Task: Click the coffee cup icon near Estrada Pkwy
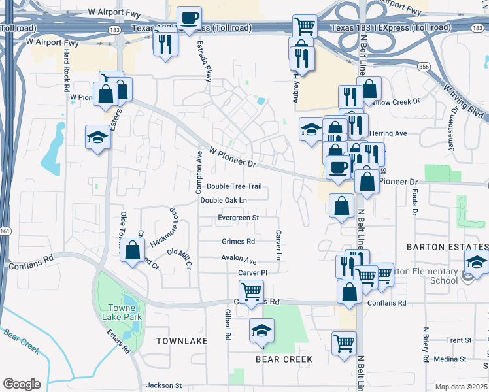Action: click(190, 19)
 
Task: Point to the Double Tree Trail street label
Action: click(233, 187)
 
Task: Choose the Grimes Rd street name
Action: click(238, 241)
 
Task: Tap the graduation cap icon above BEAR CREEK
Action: click(261, 329)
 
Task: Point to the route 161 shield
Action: click(5, 231)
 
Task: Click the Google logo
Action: click(22, 384)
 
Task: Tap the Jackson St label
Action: click(163, 385)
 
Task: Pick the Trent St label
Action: click(458, 340)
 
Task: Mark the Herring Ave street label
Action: click(388, 133)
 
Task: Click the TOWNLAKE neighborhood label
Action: click(182, 341)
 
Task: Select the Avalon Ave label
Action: click(239, 259)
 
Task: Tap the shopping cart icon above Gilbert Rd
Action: click(251, 290)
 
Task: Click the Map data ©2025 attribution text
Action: click(462, 387)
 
